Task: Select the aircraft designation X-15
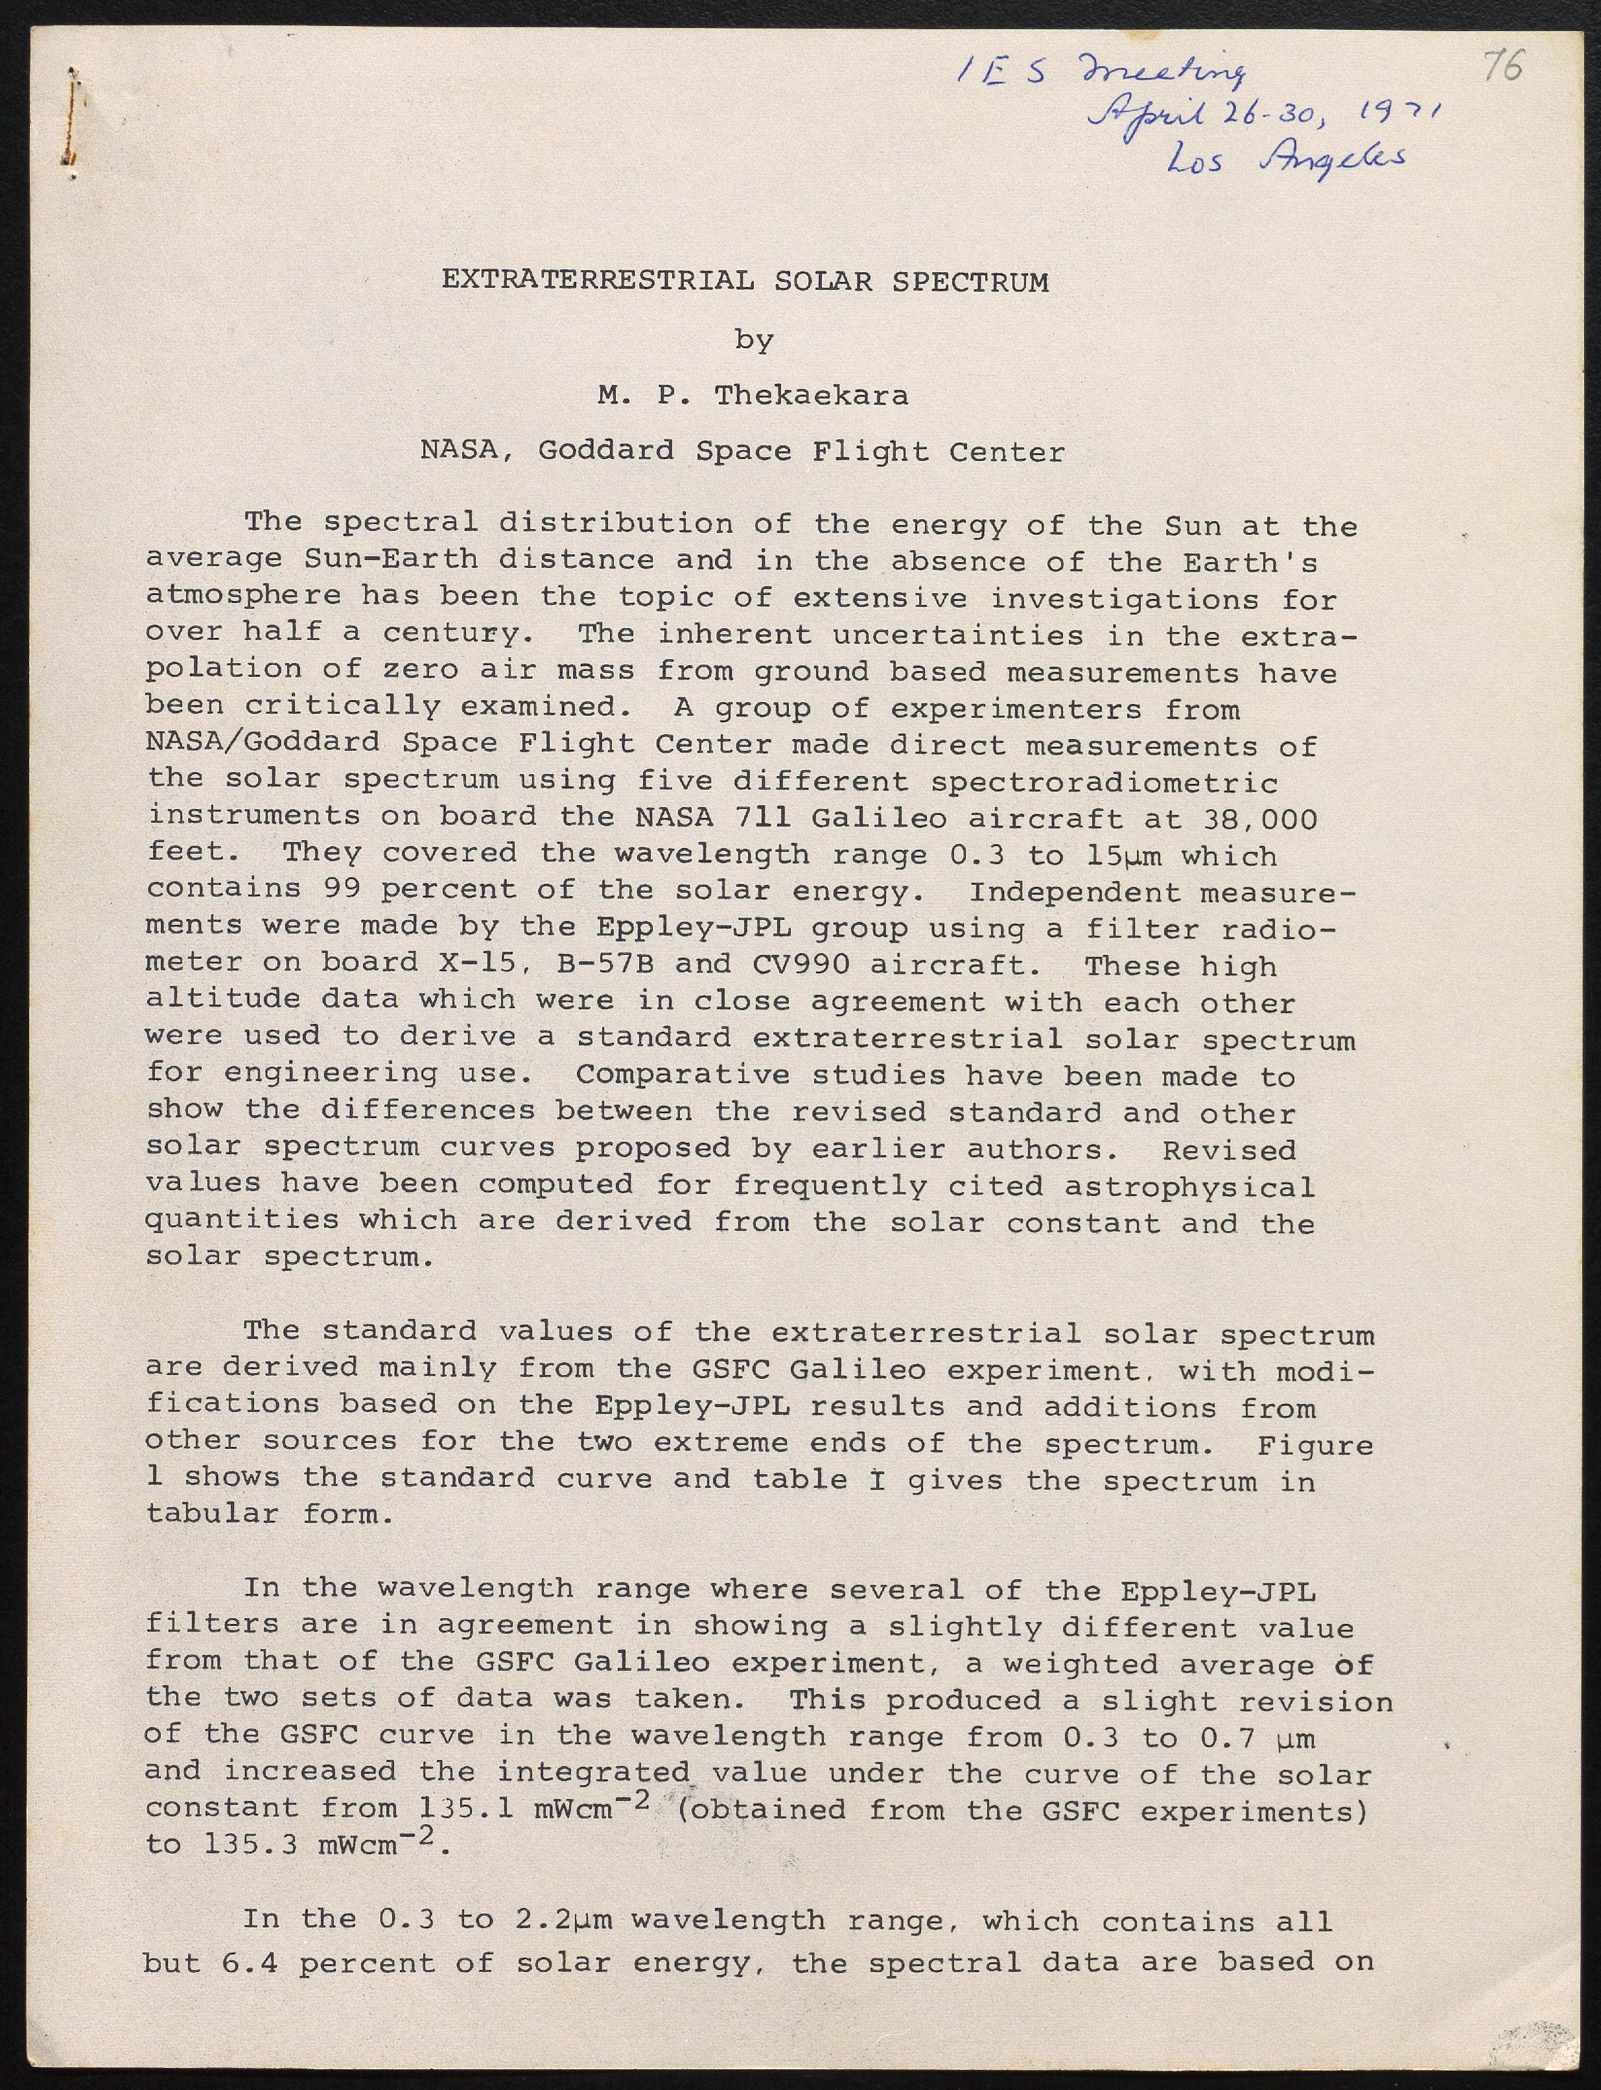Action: click(478, 963)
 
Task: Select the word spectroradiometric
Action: click(1104, 782)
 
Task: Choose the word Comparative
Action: click(683, 1074)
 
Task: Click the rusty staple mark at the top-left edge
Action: click(73, 119)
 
